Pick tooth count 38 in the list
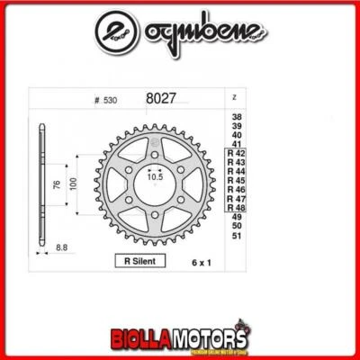coord(237,117)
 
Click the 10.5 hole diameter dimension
coord(157,178)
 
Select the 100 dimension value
coord(75,185)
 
